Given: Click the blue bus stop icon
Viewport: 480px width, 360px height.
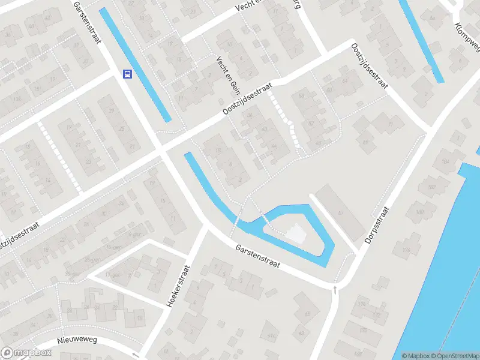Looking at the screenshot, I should tap(127, 74).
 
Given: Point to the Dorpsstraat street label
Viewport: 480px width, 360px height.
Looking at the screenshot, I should tap(377, 225).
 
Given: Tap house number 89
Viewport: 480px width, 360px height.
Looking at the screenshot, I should tap(365, 142).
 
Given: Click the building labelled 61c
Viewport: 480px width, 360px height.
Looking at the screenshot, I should tap(271, 336).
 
